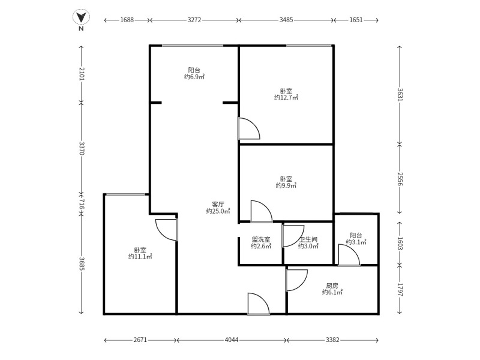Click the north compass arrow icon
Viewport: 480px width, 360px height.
pyautogui.click(x=81, y=17)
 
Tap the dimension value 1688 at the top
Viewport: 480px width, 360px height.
pyautogui.click(x=127, y=20)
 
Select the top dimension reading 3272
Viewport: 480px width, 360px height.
pyautogui.click(x=194, y=20)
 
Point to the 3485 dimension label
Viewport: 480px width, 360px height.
pyautogui.click(x=286, y=20)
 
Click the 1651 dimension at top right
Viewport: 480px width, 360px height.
pyautogui.click(x=356, y=20)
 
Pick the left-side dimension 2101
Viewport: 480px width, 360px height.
pyautogui.click(x=82, y=75)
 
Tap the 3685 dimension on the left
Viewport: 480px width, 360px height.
pyautogui.click(x=82, y=263)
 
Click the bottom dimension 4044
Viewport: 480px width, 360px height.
pyautogui.click(x=232, y=340)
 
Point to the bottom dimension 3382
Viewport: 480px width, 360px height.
pyautogui.click(x=332, y=340)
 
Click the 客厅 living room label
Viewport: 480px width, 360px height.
pyautogui.click(x=218, y=204)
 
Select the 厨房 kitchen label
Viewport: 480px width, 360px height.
pyautogui.click(x=332, y=286)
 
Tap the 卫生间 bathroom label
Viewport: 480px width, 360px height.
pyautogui.click(x=308, y=239)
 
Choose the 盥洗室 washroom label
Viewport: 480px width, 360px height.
pyautogui.click(x=261, y=239)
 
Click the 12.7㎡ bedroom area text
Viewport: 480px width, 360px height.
pyautogui.click(x=286, y=97)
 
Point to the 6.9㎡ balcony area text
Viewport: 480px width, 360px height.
pyautogui.click(x=194, y=77)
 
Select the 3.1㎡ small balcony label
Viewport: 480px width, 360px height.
pyautogui.click(x=356, y=242)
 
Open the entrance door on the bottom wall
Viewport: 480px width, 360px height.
pyautogui.click(x=258, y=304)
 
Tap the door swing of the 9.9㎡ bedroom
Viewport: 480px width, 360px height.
pyautogui.click(x=261, y=211)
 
